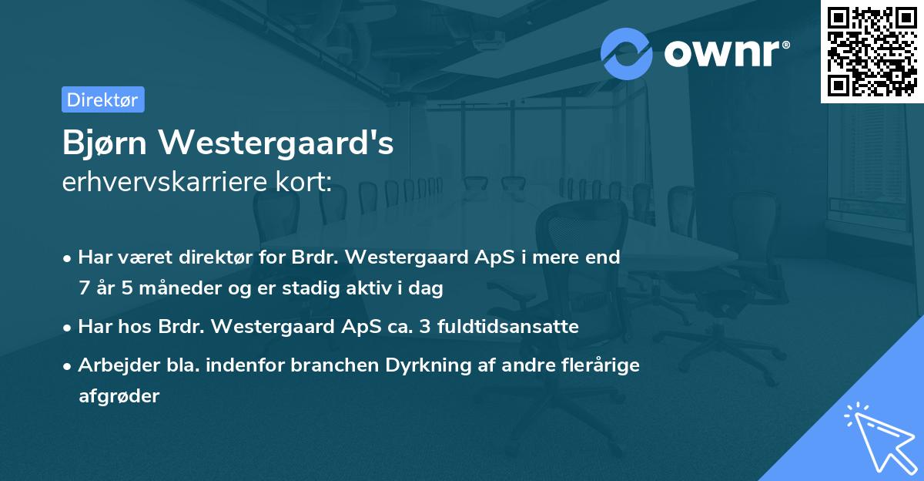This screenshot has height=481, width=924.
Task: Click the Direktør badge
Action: coord(102,99)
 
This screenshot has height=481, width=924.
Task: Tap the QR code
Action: coord(871,51)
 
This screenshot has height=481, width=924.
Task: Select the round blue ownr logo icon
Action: coord(626,52)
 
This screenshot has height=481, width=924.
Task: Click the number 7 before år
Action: coord(83,288)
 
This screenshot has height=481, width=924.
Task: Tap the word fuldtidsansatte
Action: coord(507,327)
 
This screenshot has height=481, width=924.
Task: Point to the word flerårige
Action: coord(601,365)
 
